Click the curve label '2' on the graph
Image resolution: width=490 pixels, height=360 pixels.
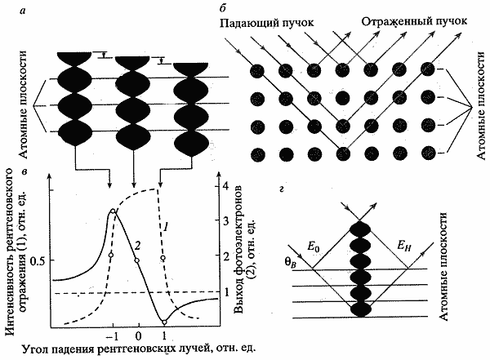coord(138,243)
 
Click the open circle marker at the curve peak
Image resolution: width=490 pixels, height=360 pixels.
coord(113,212)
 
